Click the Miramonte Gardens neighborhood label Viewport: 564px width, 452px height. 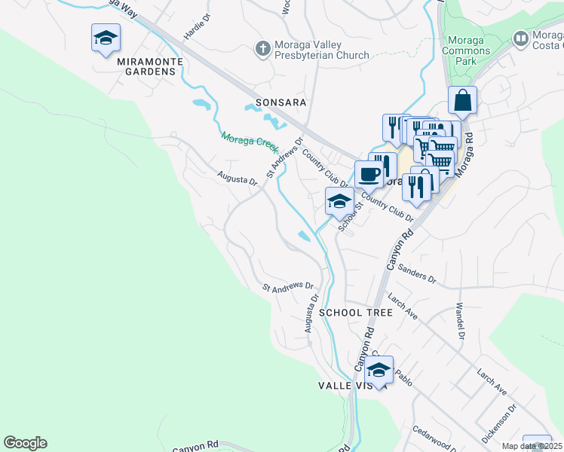point(146,72)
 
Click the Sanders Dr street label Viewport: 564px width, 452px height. point(417,273)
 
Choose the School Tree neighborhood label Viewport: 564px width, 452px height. point(355,312)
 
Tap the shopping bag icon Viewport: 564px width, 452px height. point(462,100)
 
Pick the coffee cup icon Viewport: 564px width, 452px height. point(369,174)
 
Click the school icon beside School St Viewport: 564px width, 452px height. point(339,202)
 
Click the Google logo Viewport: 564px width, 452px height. point(25,443)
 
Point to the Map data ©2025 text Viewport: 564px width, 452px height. point(532,446)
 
